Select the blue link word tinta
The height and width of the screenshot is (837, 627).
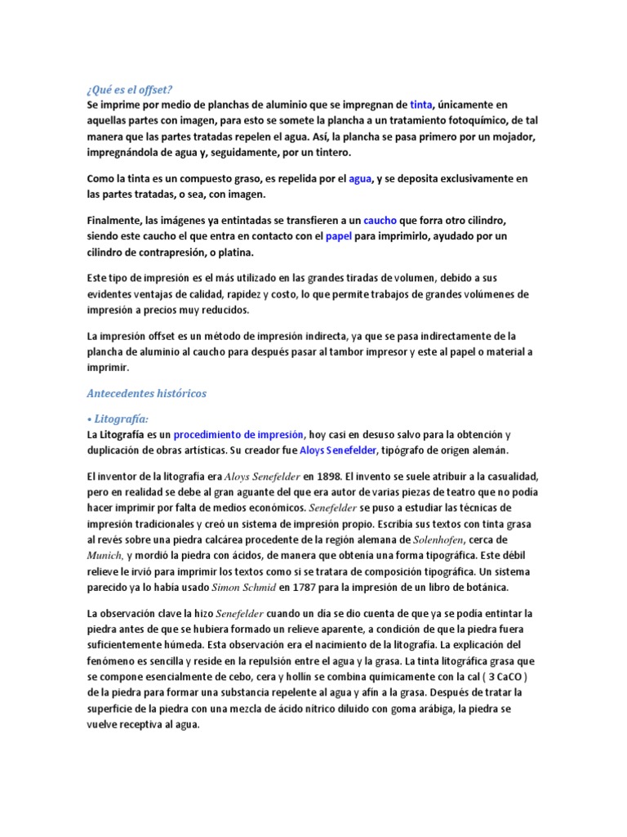tap(420, 105)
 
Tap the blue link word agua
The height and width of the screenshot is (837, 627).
tap(360, 178)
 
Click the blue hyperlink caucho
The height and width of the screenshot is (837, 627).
tap(380, 221)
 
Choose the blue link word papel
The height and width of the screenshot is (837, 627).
tap(337, 236)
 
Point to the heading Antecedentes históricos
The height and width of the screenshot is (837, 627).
tap(147, 393)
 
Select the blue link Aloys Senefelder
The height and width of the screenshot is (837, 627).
tap(339, 450)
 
